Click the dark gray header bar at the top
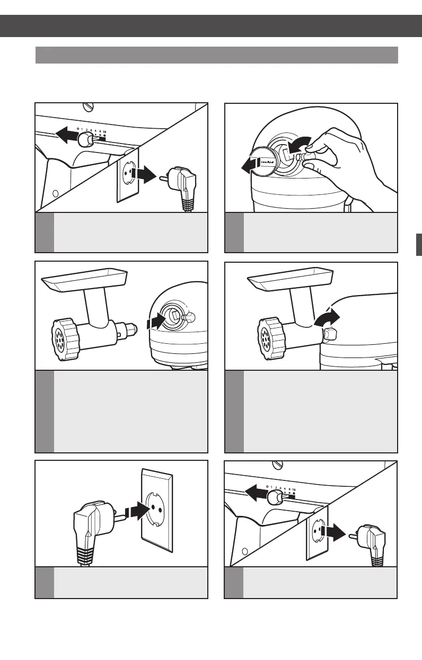(211, 26)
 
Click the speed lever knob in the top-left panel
(83, 139)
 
